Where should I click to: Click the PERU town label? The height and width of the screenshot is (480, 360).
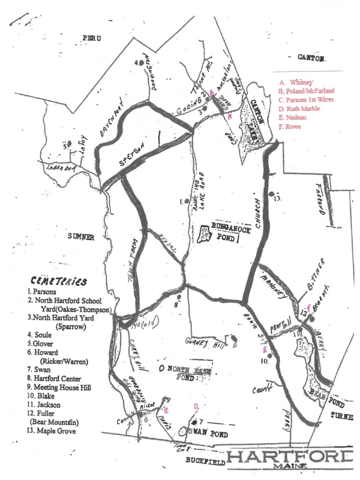coord(92,37)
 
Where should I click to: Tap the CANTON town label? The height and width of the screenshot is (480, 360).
coord(311,57)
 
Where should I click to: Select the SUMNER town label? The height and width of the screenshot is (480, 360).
coord(81,237)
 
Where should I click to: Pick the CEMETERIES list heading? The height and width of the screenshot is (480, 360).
coord(59,282)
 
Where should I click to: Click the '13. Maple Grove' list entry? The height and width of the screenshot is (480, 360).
coord(52,430)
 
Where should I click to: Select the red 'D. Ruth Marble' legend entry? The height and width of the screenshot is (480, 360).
coord(299,109)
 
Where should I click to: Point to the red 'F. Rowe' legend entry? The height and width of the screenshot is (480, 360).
coord(289,127)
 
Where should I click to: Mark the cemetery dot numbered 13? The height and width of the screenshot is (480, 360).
coord(271,193)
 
